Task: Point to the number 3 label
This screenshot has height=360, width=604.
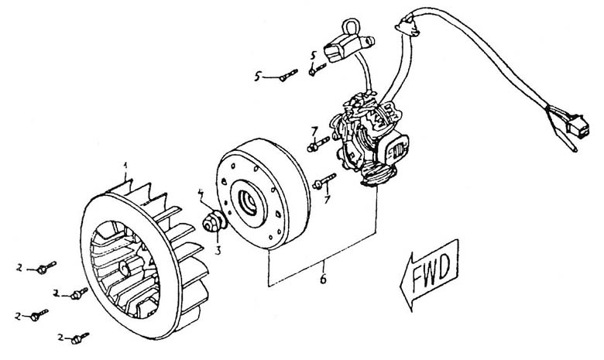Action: tap(218, 251)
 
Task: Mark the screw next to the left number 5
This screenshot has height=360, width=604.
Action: tap(290, 74)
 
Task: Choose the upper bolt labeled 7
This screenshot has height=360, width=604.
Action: tap(317, 144)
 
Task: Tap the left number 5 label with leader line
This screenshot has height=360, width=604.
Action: tap(258, 76)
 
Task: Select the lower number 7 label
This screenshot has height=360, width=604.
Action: tap(328, 200)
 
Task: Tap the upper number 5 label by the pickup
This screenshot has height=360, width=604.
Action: tap(314, 55)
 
